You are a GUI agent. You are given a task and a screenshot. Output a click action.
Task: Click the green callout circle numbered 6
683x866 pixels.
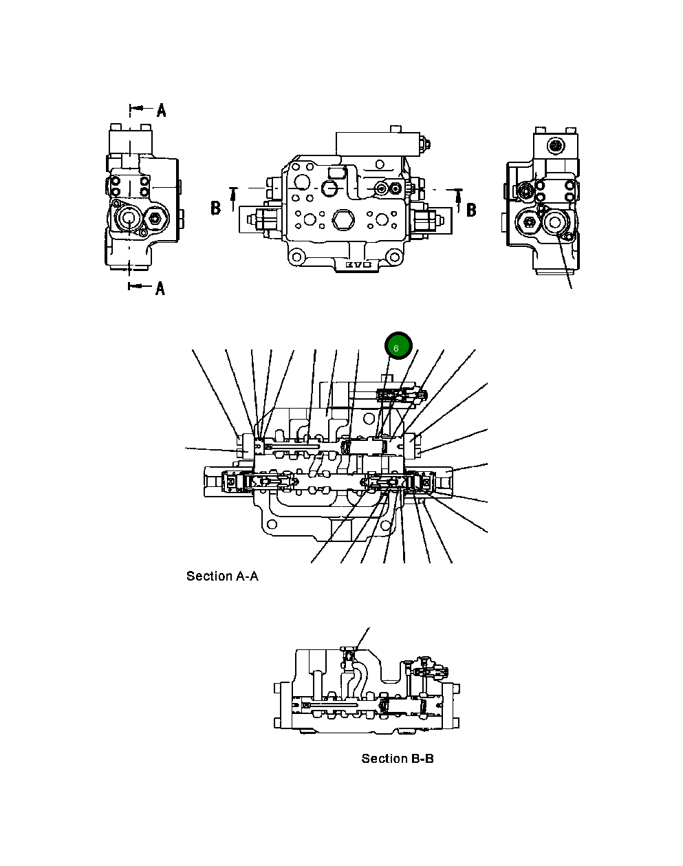click(x=398, y=347)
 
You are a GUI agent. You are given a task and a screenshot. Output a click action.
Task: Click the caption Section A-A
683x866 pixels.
click(x=222, y=576)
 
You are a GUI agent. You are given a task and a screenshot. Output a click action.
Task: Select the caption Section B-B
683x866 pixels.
click(x=398, y=759)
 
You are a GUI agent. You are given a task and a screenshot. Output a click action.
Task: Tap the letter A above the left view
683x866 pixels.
click(x=161, y=109)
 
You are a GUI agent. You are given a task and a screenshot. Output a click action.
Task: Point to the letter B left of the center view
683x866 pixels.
click(x=215, y=208)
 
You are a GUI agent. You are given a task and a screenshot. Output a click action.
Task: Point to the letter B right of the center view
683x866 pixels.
click(x=471, y=209)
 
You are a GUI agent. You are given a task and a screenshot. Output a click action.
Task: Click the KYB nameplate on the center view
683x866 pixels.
click(x=358, y=264)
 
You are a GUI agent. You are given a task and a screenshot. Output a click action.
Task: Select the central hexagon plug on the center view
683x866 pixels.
click(x=341, y=220)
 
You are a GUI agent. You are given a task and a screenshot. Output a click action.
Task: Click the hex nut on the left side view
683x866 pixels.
click(x=154, y=221)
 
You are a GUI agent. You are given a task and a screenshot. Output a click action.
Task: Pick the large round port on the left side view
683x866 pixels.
click(x=129, y=220)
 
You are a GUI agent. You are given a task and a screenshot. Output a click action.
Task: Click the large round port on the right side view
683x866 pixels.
click(x=554, y=221)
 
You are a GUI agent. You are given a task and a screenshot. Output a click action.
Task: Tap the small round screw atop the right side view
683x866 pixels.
click(x=554, y=145)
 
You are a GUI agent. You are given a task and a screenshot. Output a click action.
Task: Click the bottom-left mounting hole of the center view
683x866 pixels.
click(x=296, y=259)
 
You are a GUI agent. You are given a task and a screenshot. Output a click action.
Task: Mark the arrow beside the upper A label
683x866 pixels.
click(x=138, y=109)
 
